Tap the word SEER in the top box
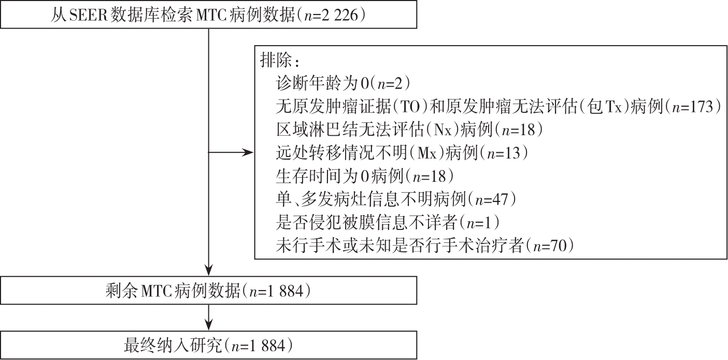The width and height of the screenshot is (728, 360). tap(88, 15)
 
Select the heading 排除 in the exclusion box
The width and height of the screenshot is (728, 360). tap(276, 61)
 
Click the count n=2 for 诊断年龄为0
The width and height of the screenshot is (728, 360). tap(390, 83)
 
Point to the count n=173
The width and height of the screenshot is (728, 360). tap(693, 107)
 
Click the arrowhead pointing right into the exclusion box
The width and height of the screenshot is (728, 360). tap(248, 152)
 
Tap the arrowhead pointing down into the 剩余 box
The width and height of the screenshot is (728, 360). tap(208, 270)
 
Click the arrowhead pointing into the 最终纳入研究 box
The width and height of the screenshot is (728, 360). tap(208, 325)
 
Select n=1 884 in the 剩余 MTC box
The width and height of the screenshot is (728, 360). tap(276, 291)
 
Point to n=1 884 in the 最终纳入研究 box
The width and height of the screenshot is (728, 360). tap(258, 345)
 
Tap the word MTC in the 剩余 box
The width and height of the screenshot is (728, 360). tap(156, 291)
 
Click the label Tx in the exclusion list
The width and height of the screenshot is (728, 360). tap(613, 107)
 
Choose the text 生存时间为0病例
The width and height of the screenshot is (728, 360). tap(339, 176)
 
